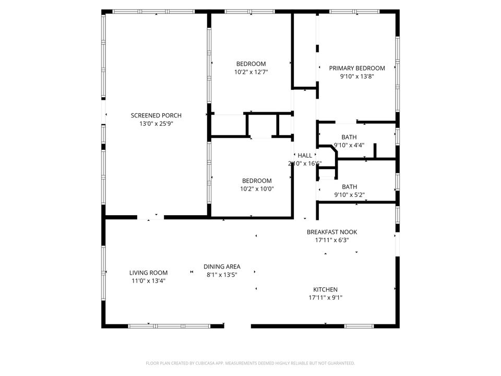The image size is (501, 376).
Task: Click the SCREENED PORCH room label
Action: pos(156,115)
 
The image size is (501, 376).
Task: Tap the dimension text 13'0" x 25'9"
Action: pos(156,124)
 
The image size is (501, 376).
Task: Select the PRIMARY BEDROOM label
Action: pos(356,68)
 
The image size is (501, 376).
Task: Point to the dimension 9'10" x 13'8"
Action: pos(356,76)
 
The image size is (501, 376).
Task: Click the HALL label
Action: pos(305,155)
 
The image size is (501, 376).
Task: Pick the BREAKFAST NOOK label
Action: pos(332,232)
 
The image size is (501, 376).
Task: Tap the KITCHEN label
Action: pos(325,289)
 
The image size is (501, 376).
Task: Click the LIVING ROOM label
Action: pos(149,273)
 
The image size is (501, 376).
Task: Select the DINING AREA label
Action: pos(222,266)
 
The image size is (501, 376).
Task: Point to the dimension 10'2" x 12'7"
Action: pos(251,72)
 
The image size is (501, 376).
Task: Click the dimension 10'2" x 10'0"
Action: pos(257,189)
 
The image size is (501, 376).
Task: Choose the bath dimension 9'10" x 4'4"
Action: pos(349,145)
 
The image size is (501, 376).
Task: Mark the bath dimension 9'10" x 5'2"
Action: pos(349,195)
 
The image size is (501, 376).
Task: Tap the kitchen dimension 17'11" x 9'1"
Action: pos(325,298)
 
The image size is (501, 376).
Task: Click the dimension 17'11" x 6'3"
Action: pos(332,240)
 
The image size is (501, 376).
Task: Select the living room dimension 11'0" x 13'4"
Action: pos(149,281)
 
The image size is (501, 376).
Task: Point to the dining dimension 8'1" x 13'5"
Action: pos(222,275)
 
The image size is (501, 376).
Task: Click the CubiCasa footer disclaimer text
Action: pos(250,363)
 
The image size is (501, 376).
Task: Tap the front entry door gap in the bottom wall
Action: pos(237,326)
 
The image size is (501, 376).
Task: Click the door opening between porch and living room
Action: pos(150,217)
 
